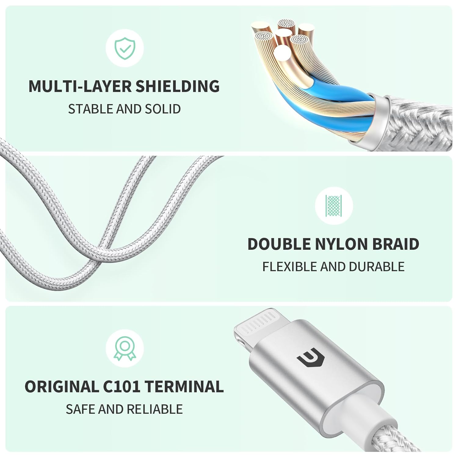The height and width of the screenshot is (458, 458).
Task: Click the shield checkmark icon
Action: tap(125, 48)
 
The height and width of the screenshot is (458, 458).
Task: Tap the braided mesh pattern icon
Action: tap(334, 205)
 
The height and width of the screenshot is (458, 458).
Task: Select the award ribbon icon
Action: tap(125, 348)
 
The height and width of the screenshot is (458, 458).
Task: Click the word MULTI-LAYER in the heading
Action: tap(80, 86)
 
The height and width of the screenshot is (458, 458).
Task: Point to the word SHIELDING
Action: tap(177, 86)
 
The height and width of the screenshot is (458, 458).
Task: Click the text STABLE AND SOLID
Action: tap(124, 109)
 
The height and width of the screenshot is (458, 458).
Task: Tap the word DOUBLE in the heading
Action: tap(279, 244)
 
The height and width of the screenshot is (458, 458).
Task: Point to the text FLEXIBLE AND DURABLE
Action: tap(333, 267)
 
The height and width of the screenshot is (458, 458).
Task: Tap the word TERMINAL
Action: tap(184, 387)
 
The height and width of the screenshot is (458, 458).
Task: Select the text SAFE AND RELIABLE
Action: tap(124, 409)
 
